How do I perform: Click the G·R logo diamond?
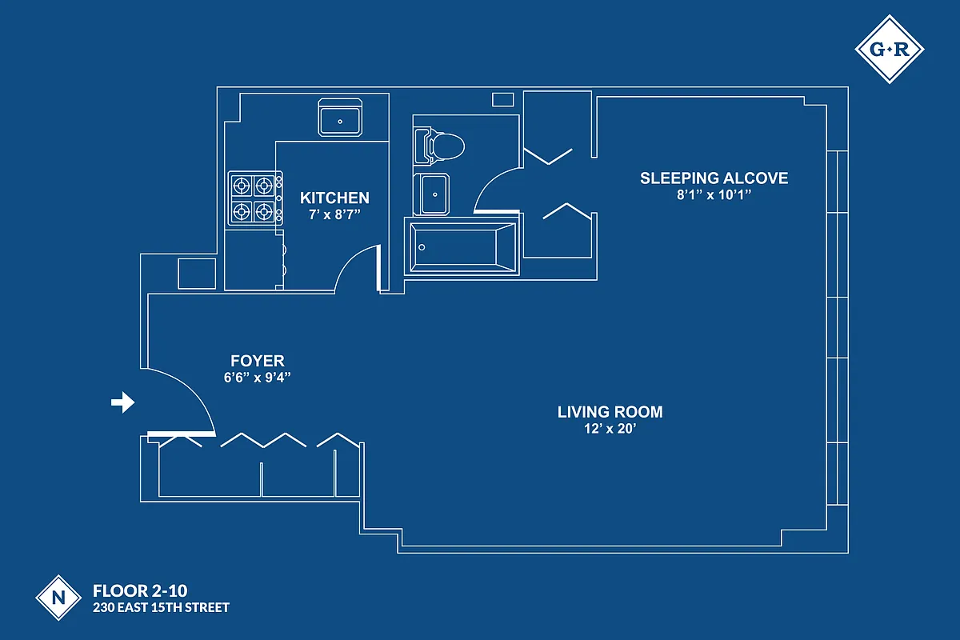[890, 50]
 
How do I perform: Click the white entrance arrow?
[122, 403]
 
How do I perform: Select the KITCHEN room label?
[334, 198]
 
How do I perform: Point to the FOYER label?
[258, 361]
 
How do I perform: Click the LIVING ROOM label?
[610, 412]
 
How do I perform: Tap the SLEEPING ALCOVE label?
[714, 178]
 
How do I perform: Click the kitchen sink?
[342, 118]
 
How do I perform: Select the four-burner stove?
[254, 199]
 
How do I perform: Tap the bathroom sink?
[433, 194]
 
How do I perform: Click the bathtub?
[462, 246]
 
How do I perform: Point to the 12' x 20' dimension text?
[610, 430]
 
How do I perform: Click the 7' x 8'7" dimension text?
[334, 215]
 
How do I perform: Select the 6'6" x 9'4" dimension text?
[258, 378]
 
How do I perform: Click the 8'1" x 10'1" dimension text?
[714, 195]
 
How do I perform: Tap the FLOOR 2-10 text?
[140, 591]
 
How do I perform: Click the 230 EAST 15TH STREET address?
[161, 608]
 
